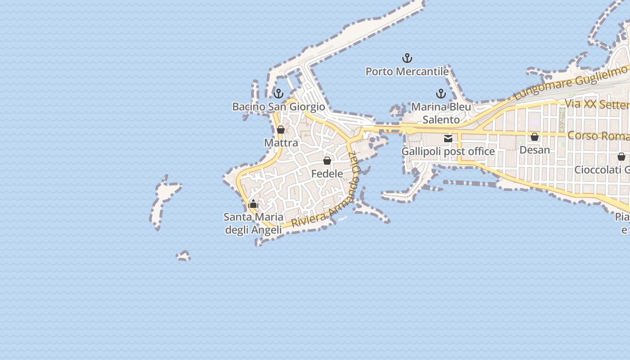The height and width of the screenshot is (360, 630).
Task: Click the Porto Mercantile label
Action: click(x=407, y=72)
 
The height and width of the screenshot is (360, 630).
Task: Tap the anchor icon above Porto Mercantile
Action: click(x=407, y=58)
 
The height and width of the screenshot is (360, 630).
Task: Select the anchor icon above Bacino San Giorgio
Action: click(x=279, y=94)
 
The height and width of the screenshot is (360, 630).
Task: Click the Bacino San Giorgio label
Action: click(x=279, y=107)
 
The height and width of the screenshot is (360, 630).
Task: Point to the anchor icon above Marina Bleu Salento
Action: click(x=441, y=94)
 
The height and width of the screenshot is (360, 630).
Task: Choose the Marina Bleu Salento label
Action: click(x=441, y=113)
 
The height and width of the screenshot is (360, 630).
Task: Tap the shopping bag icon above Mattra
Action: click(x=281, y=130)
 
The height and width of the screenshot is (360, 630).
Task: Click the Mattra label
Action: click(x=281, y=143)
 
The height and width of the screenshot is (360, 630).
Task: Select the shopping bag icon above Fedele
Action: click(x=327, y=161)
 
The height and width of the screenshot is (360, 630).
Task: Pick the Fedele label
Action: click(x=327, y=174)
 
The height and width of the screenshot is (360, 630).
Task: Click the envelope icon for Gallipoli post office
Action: click(x=448, y=139)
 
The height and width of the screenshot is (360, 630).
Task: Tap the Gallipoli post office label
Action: click(x=448, y=152)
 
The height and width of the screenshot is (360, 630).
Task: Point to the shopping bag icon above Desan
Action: click(x=535, y=137)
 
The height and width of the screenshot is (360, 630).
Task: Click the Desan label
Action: click(x=535, y=150)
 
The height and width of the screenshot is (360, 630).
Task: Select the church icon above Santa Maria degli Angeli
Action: click(x=253, y=204)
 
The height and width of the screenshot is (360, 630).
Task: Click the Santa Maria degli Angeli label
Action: click(x=253, y=223)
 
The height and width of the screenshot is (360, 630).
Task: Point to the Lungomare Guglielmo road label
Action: click(x=571, y=83)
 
